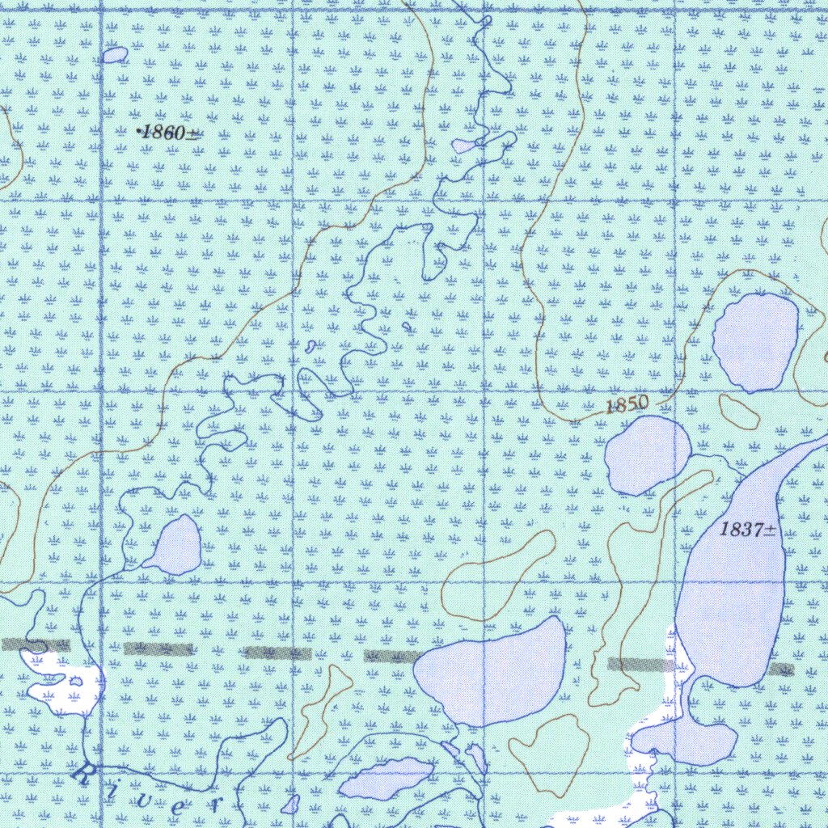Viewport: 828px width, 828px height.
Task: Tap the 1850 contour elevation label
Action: coord(627,404)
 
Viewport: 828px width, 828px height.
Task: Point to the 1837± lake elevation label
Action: coord(748,530)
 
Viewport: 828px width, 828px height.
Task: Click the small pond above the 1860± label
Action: coord(115,55)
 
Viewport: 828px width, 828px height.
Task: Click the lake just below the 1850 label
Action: coord(647,454)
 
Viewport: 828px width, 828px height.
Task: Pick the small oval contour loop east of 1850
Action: coord(739,412)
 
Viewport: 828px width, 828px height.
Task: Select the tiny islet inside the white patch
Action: coord(76,682)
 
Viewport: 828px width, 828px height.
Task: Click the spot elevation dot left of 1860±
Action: coord(139,131)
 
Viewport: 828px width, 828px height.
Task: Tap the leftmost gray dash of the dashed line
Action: coord(36,645)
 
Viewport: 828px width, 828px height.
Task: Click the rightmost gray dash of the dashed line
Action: coord(781,670)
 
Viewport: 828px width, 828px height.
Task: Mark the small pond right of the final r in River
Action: coord(290,805)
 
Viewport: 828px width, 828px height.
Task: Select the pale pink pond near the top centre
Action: coord(464,146)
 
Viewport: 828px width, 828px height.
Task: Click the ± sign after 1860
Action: coord(193,134)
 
